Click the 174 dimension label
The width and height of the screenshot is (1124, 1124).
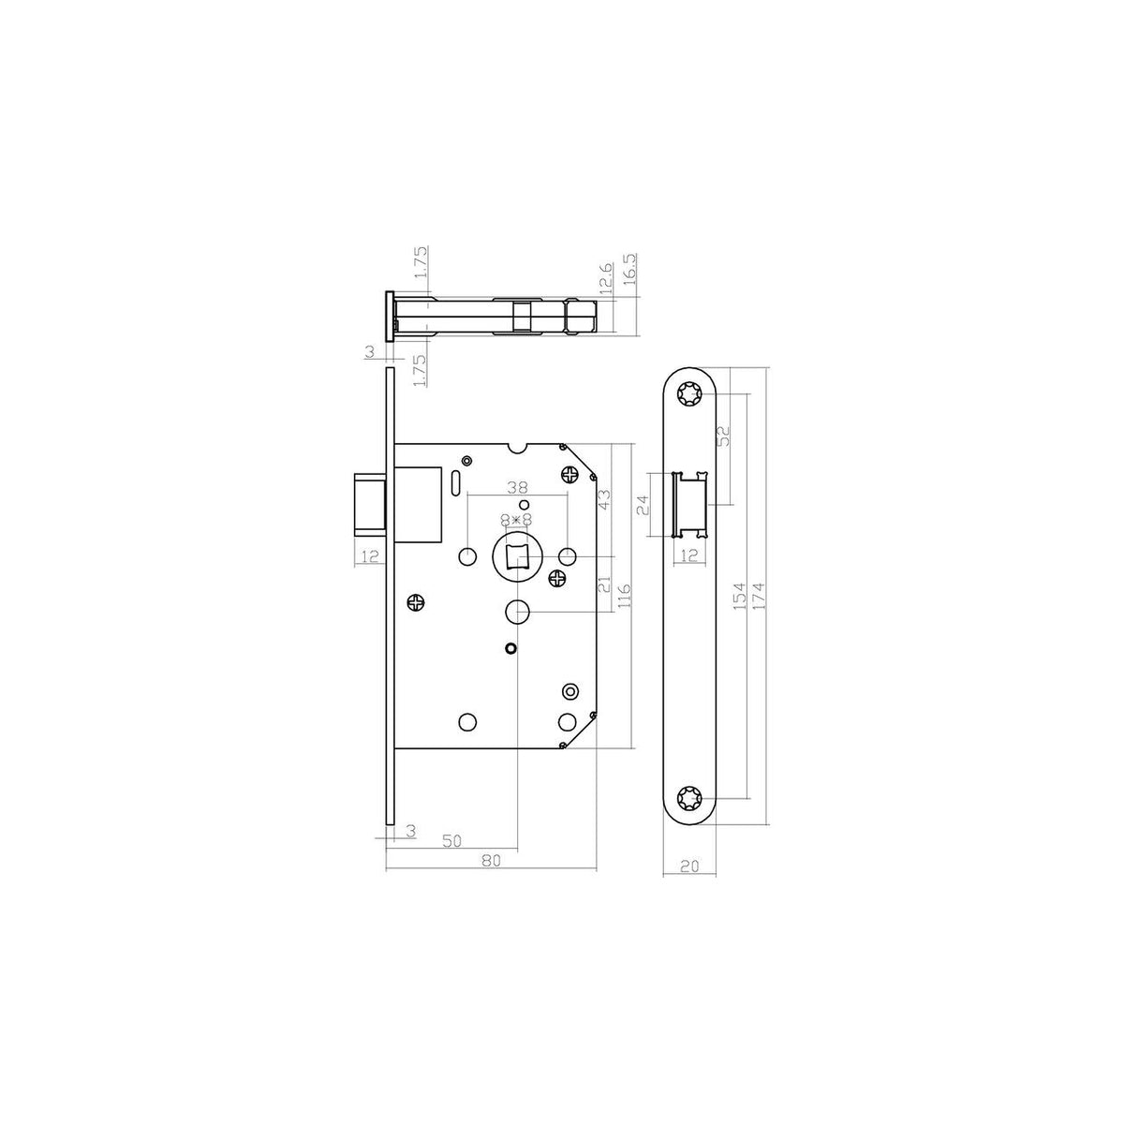point(759,596)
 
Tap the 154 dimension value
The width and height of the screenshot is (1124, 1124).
point(739,596)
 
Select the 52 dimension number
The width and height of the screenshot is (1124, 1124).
point(723,436)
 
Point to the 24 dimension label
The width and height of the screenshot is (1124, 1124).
point(643,505)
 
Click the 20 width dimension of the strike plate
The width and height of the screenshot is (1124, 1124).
point(689,882)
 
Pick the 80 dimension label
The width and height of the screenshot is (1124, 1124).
point(492,861)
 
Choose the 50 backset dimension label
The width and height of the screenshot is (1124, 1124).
point(451,840)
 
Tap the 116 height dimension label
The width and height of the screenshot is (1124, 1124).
point(624,596)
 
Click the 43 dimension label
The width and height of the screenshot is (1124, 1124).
point(604,499)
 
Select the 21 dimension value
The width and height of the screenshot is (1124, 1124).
point(604,584)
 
